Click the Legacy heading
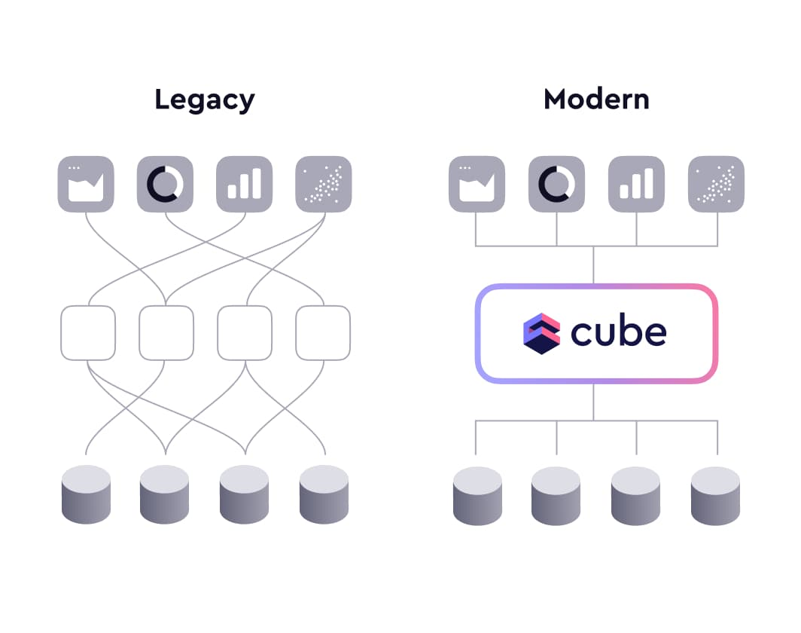[x=205, y=99]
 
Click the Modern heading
[x=596, y=99]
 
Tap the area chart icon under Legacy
[x=86, y=184]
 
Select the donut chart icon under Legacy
[x=165, y=184]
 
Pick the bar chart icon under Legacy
[x=244, y=184]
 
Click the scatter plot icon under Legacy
[x=323, y=184]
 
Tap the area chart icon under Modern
[x=477, y=184]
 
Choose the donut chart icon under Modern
[x=556, y=184]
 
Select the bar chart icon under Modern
[x=636, y=184]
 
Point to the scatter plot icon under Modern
[x=716, y=184]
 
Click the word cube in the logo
[x=618, y=332]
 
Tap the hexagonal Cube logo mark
[x=542, y=333]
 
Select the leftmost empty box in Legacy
[x=88, y=332]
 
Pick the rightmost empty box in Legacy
[x=323, y=332]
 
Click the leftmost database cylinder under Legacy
[x=86, y=494]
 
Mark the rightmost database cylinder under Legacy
[x=324, y=494]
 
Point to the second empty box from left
[x=166, y=332]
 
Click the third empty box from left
[x=245, y=332]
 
